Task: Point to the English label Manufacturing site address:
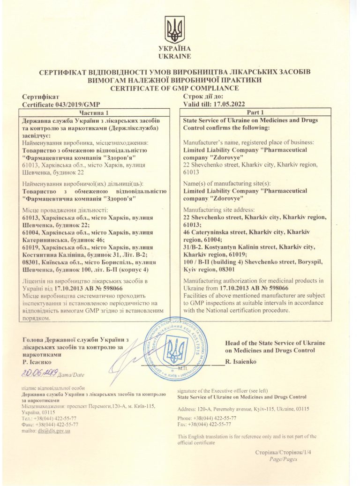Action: [219, 209]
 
